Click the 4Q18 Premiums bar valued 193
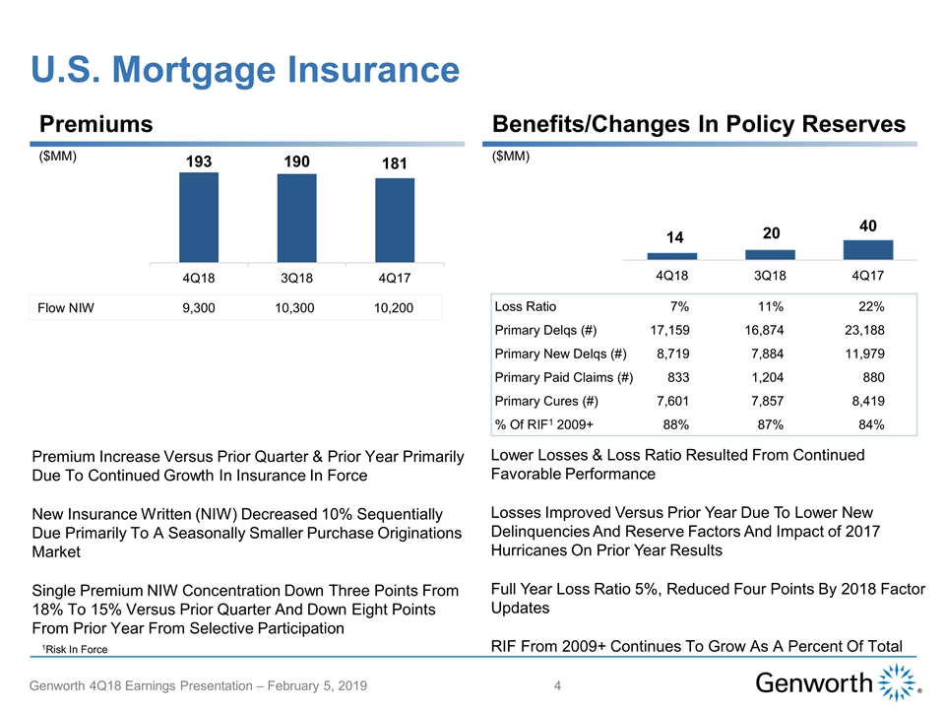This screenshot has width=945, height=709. tap(199, 217)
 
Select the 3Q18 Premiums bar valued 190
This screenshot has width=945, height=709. tap(297, 218)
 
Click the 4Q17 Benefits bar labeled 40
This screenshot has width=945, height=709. tap(867, 249)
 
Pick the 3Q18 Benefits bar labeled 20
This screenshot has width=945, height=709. tap(770, 254)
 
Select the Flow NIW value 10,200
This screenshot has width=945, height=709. tap(394, 308)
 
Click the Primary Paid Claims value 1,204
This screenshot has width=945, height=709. tap(765, 378)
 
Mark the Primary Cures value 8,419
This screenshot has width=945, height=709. tap(862, 402)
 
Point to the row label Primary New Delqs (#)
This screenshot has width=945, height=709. tap(560, 354)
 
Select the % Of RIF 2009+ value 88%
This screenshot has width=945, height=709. tap(674, 424)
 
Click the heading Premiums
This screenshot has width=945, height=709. tap(95, 124)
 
